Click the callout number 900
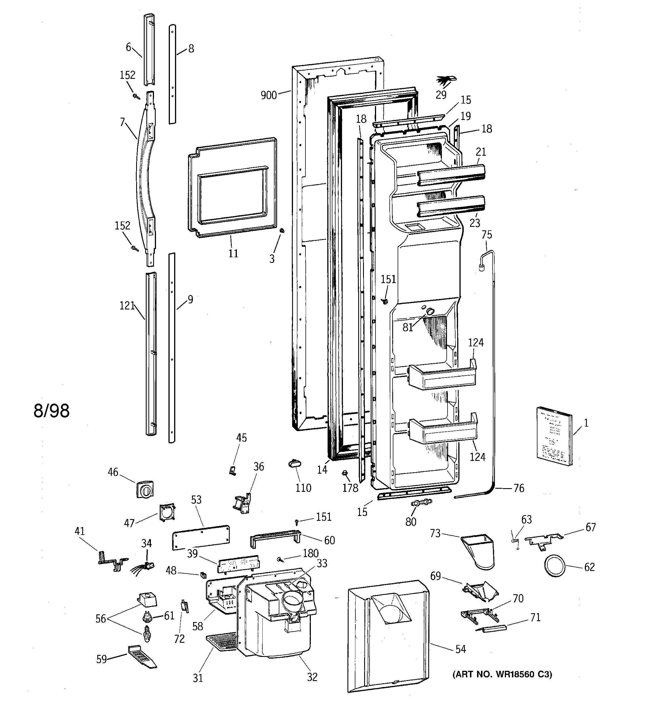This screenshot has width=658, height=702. (268, 95)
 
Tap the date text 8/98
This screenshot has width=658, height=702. (52, 411)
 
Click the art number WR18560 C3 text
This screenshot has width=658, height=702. (502, 674)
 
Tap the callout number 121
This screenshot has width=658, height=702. (127, 305)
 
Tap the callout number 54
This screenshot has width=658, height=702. (460, 649)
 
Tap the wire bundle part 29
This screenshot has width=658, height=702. (446, 81)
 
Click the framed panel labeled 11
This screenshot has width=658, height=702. (232, 187)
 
